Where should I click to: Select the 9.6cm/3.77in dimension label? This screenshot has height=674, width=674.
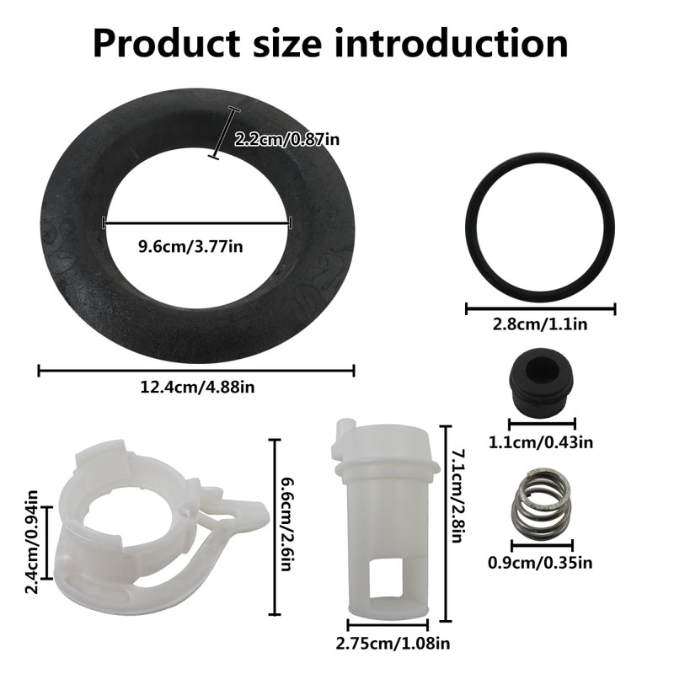(190, 247)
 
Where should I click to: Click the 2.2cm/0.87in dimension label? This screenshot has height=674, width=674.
(286, 140)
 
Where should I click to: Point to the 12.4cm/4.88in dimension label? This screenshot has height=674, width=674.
(197, 388)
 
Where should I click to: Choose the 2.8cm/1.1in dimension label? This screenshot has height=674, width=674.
(540, 324)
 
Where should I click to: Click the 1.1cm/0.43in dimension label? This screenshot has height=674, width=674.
(541, 442)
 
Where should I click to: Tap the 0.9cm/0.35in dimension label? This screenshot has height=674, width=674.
(540, 563)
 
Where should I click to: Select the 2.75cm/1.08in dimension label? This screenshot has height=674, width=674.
(393, 644)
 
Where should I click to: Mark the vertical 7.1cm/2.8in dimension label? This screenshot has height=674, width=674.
(458, 496)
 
